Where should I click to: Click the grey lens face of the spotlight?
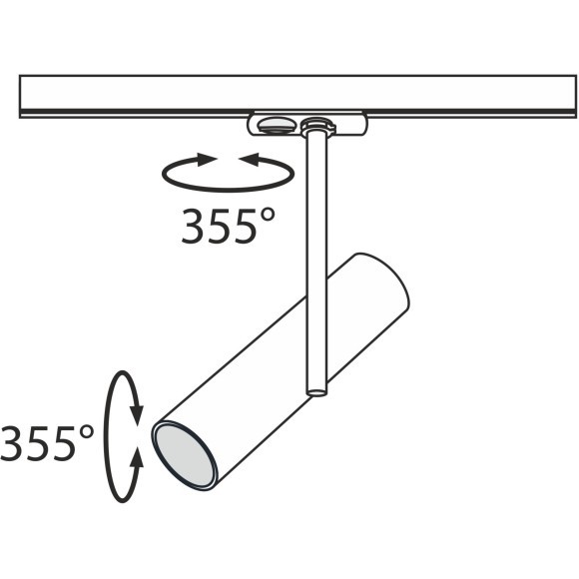point(185,455)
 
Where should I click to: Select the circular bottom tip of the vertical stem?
point(316,391)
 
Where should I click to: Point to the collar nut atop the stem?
point(317,126)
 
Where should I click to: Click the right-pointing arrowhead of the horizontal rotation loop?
point(207,160)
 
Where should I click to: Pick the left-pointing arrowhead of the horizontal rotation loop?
point(249,160)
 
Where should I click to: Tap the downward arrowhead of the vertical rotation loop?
point(138,415)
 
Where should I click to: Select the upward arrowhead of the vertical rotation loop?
point(138,458)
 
